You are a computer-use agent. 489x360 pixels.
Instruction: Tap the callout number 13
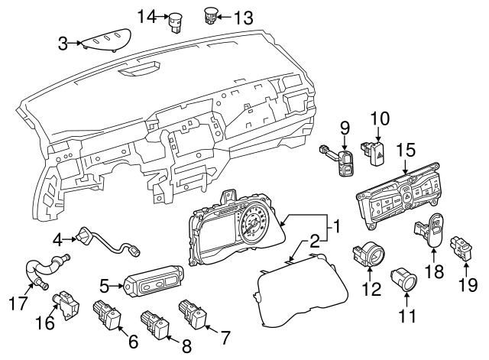click(242, 17)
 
